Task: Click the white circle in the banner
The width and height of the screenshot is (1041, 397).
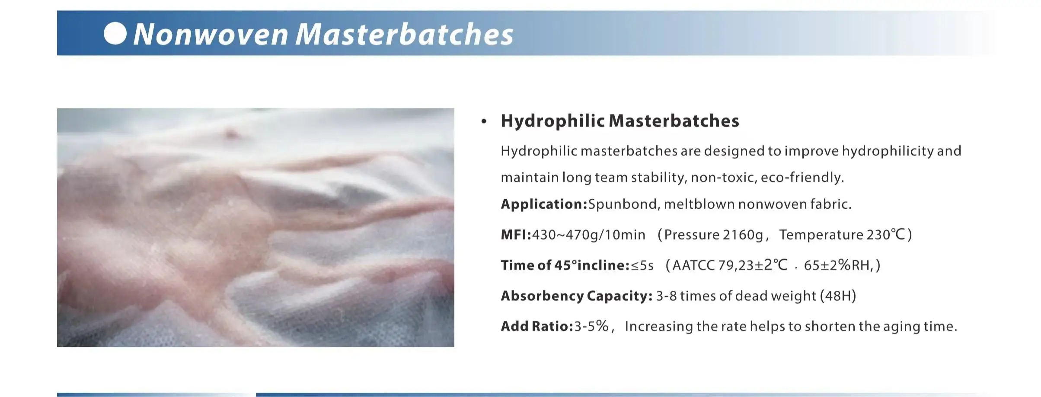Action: pyautogui.click(x=115, y=33)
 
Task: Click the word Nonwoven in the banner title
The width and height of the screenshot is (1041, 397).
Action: pyautogui.click(x=211, y=34)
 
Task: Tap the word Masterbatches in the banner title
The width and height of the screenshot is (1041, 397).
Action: pyautogui.click(x=405, y=34)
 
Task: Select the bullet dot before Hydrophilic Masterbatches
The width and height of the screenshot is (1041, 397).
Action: pyautogui.click(x=484, y=121)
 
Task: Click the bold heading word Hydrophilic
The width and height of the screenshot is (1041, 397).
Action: pyautogui.click(x=552, y=121)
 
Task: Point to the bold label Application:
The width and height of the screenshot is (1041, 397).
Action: pyautogui.click(x=544, y=204)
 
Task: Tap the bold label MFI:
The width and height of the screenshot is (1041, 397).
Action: pyautogui.click(x=516, y=235)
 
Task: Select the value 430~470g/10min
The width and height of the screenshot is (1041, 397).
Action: pyautogui.click(x=588, y=235)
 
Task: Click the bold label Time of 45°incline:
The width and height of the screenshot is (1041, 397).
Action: pyautogui.click(x=565, y=265)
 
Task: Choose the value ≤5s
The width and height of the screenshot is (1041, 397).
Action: pyautogui.click(x=642, y=265)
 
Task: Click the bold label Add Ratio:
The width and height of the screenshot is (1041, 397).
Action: pyautogui.click(x=537, y=326)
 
